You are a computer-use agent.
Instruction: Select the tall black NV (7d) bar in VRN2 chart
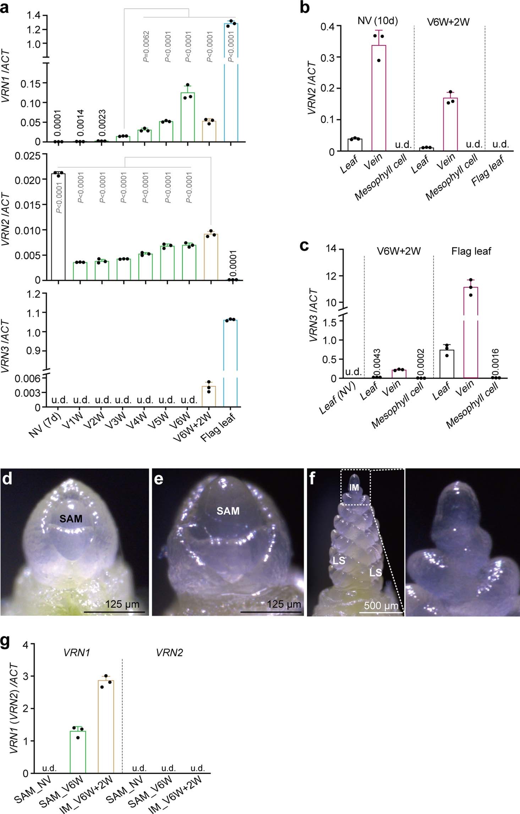(x=58, y=227)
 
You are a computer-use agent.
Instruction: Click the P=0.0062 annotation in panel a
(x=146, y=46)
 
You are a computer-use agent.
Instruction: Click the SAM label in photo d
(x=71, y=519)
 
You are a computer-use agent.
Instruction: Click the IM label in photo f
(x=354, y=488)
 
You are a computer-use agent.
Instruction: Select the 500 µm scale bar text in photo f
(x=381, y=605)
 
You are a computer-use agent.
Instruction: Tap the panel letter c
(x=304, y=245)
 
